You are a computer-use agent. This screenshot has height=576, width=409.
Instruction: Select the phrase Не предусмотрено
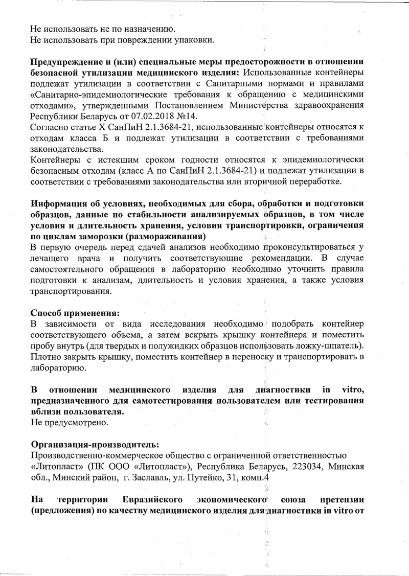point(69,423)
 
